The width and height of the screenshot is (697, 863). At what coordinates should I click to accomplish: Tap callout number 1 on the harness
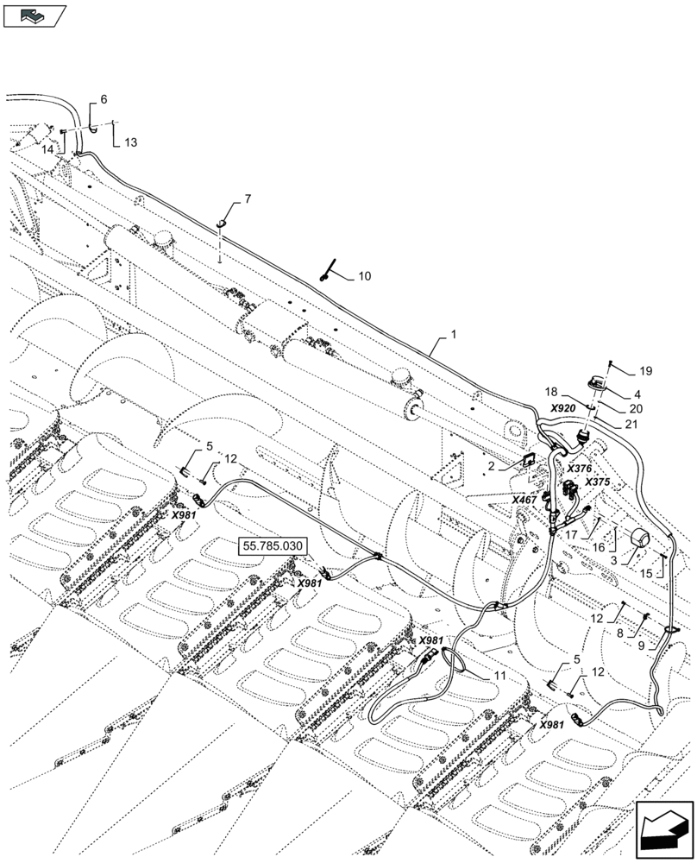click(455, 333)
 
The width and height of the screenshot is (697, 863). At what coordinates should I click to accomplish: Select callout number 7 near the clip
click(248, 199)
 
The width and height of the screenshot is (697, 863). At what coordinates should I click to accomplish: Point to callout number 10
click(365, 276)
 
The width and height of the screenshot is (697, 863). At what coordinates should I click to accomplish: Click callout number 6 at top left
click(104, 100)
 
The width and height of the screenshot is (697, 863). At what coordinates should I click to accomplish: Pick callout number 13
click(129, 142)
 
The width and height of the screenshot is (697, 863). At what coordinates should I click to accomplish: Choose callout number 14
click(48, 148)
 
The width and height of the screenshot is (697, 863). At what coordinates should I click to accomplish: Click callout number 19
click(646, 372)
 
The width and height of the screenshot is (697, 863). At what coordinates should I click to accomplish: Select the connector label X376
click(579, 468)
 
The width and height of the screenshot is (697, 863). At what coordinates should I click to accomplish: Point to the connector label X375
click(598, 482)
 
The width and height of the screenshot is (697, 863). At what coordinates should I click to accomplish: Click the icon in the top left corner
click(35, 14)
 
